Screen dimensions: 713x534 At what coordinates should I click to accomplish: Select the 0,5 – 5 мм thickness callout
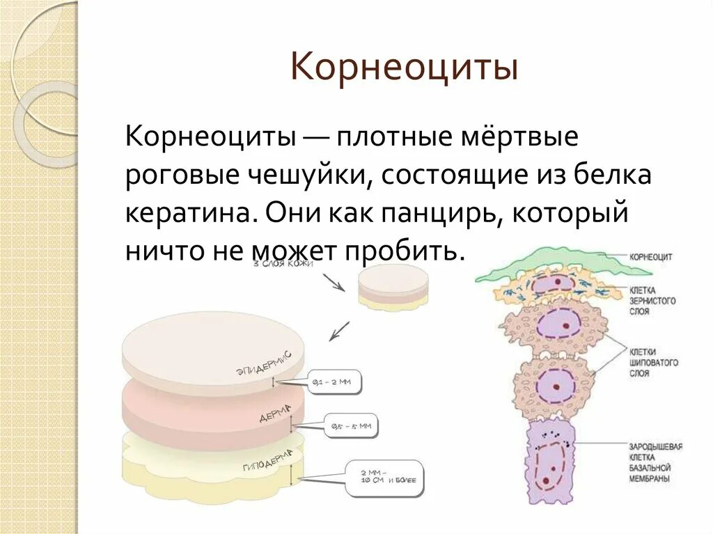pos(351,425)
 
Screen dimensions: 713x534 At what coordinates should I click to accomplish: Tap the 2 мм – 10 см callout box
pos(384,478)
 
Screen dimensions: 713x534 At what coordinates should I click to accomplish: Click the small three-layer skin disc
pos(393,287)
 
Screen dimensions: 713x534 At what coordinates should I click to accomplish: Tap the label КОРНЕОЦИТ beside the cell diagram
pos(650,257)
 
